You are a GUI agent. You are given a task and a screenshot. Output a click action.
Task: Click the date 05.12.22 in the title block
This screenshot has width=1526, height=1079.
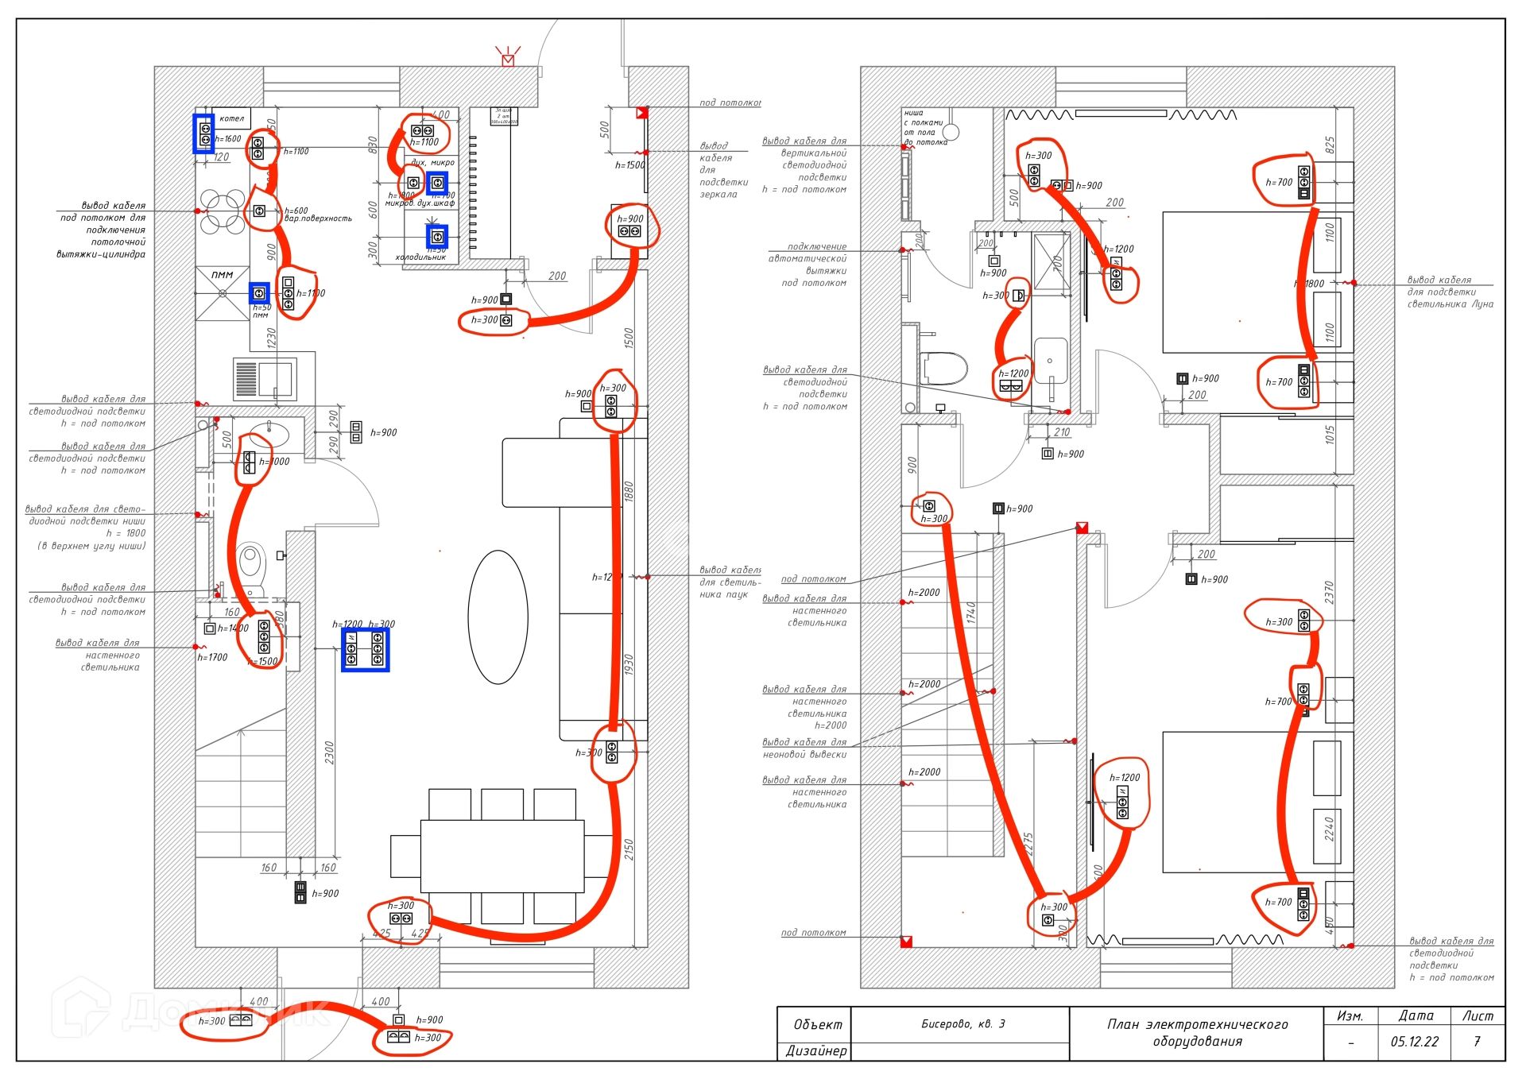[1414, 1042]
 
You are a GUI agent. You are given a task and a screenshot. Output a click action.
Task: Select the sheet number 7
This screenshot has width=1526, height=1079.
[1477, 1042]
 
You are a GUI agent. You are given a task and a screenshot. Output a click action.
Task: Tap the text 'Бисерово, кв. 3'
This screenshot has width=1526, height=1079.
[962, 1024]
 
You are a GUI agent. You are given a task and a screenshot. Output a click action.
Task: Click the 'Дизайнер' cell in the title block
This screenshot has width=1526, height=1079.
[816, 1051]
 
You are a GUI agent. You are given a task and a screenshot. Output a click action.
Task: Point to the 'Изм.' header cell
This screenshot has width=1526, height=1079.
[1350, 1016]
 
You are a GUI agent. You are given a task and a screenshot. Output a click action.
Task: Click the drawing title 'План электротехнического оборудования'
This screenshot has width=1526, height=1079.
[1197, 1033]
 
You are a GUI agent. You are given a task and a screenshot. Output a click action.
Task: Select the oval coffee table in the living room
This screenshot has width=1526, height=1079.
[498, 617]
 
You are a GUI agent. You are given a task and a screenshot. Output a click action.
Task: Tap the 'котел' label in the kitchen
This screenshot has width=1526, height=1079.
[231, 118]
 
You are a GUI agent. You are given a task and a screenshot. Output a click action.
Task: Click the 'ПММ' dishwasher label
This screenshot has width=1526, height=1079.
[222, 275]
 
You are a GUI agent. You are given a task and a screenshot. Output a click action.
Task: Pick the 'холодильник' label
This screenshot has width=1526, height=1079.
[420, 257]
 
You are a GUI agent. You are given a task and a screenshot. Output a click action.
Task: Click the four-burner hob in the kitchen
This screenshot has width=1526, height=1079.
[223, 211]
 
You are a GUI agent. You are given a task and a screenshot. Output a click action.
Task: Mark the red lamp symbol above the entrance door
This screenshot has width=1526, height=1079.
[508, 58]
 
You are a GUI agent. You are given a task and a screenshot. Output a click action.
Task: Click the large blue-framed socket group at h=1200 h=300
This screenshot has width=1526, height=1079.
[365, 648]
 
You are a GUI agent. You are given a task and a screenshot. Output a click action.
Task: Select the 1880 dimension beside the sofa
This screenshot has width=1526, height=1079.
[629, 492]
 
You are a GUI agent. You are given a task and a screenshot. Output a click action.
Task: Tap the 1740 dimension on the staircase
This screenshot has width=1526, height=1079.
[971, 613]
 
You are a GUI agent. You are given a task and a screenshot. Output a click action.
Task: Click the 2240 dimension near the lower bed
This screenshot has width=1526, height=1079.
[1329, 830]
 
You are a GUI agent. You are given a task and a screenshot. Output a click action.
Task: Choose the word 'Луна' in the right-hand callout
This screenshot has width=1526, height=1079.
[1482, 304]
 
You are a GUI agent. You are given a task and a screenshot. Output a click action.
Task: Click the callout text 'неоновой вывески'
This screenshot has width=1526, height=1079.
[804, 755]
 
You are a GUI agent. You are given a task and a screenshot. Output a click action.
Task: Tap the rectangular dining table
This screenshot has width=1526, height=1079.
[502, 857]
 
